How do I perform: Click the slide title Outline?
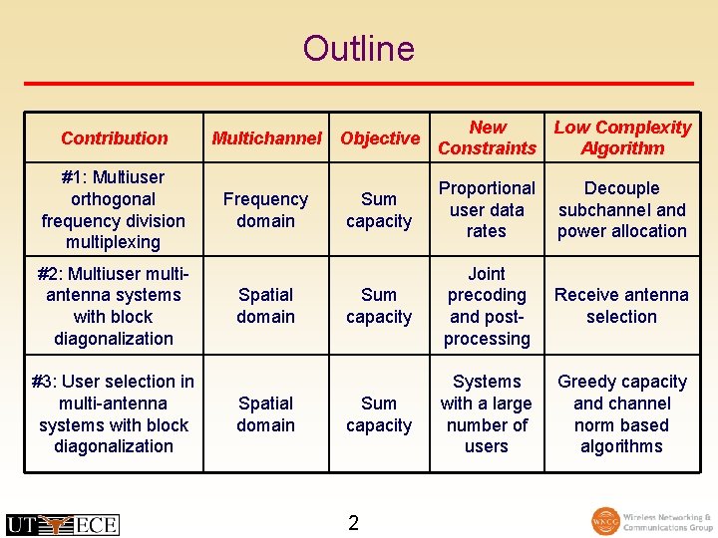coord(358,48)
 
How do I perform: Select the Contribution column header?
coord(114,137)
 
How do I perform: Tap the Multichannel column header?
coord(266,137)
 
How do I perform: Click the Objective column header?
coord(379,137)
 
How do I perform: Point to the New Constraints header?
coord(487,137)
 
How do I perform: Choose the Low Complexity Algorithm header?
coord(622,137)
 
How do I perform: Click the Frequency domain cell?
coord(265,209)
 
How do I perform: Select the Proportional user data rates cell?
coord(487,209)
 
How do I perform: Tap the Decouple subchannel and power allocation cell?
coord(622,209)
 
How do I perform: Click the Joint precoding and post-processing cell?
coord(487,306)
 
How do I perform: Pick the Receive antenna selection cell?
coord(622,306)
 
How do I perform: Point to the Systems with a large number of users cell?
coord(487,413)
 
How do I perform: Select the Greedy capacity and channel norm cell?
coord(622,413)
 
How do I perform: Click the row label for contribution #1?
coord(114,209)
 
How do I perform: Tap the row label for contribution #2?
coord(114,306)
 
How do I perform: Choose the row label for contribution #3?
coord(114,413)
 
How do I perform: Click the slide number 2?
coord(353,523)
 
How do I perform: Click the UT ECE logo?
coord(62,524)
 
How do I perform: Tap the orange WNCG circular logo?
coord(605,522)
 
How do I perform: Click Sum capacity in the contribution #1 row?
coord(379,209)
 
